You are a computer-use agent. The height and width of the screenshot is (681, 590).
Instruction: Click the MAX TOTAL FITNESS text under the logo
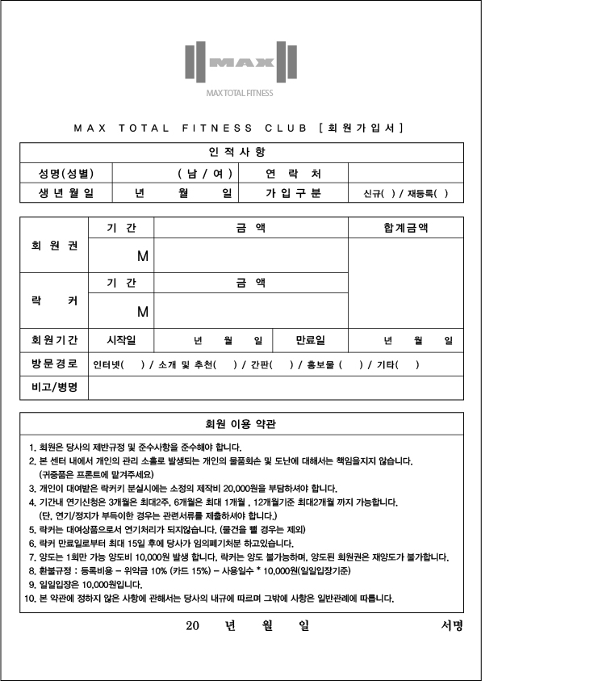(240, 93)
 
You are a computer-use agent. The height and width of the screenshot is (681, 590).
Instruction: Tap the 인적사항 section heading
(241, 152)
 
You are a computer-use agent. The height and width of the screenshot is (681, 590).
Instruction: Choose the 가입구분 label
(293, 193)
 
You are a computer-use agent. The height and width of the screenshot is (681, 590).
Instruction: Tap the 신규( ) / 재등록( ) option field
(405, 194)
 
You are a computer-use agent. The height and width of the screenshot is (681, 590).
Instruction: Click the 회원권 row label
(55, 246)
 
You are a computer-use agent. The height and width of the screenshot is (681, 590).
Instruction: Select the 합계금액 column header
(405, 228)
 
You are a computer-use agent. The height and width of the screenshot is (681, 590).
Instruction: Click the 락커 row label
(55, 301)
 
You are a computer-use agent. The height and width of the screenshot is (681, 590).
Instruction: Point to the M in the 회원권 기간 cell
(143, 256)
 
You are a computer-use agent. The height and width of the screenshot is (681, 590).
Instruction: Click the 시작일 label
(121, 340)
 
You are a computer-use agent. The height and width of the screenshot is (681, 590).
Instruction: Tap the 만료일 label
(310, 340)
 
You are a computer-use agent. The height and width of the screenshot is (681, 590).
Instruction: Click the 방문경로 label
(55, 364)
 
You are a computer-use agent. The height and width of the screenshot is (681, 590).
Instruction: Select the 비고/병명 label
(55, 388)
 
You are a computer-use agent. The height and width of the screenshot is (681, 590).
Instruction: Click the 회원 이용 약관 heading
(241, 423)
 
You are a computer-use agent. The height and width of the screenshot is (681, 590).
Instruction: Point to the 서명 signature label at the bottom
(452, 625)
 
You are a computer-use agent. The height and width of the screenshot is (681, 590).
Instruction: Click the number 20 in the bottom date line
(192, 625)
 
